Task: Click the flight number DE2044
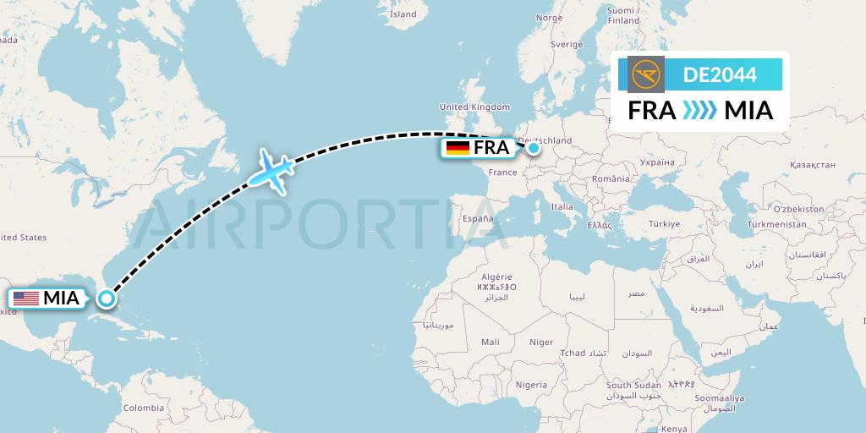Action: [x=720, y=75]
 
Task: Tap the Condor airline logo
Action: [x=648, y=74]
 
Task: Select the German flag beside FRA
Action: [x=458, y=148]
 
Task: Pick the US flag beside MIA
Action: [x=26, y=299]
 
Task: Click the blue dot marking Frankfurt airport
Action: [x=534, y=148]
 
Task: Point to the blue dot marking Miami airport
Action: [x=106, y=298]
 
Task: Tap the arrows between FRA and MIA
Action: [x=699, y=110]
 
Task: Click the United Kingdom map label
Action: [x=474, y=107]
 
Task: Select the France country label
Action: [x=502, y=173]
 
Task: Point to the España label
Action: [x=477, y=218]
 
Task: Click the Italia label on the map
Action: [x=562, y=206]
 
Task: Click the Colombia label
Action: [x=144, y=408]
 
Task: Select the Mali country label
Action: [x=490, y=342]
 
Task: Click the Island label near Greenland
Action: [x=404, y=14]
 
